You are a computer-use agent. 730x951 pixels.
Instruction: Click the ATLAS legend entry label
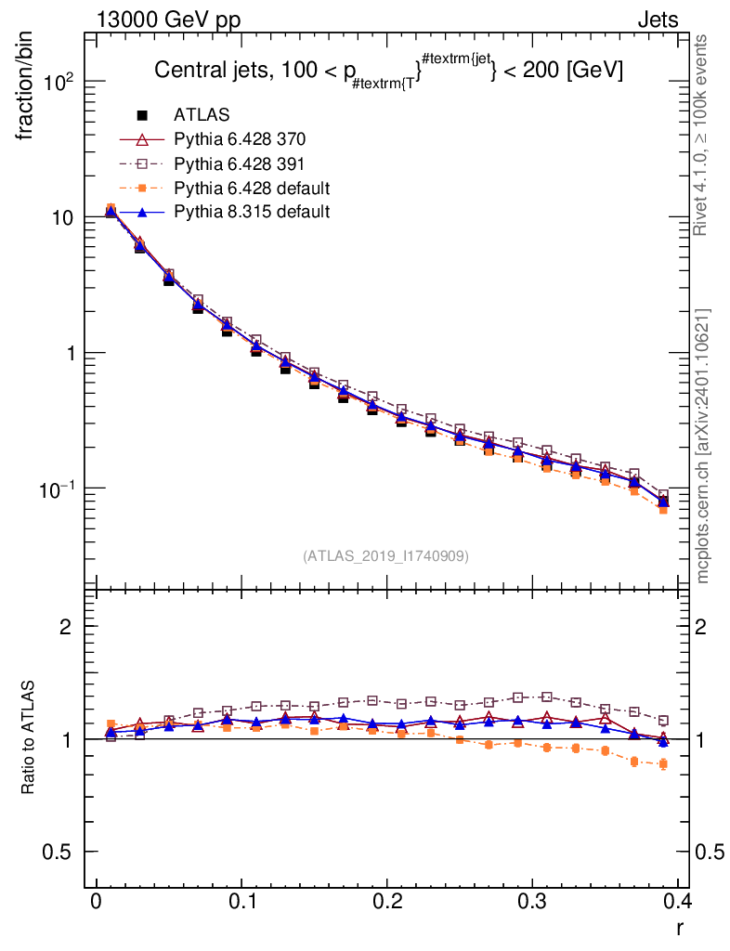pos(202,115)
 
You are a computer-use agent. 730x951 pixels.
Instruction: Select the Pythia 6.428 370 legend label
pos(239,139)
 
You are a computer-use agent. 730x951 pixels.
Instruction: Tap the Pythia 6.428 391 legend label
pos(239,163)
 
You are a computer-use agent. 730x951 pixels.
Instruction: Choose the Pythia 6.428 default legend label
pos(251,188)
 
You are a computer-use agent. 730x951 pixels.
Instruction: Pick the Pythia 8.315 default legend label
pos(251,212)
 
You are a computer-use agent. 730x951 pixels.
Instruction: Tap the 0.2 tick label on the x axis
pos(386,903)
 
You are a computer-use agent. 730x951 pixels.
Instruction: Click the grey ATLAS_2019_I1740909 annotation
pos(385,556)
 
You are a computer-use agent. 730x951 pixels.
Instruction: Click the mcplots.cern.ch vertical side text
pos(703,446)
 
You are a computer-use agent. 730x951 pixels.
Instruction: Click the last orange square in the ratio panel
pos(663,764)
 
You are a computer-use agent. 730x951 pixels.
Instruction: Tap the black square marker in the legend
pos(143,115)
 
